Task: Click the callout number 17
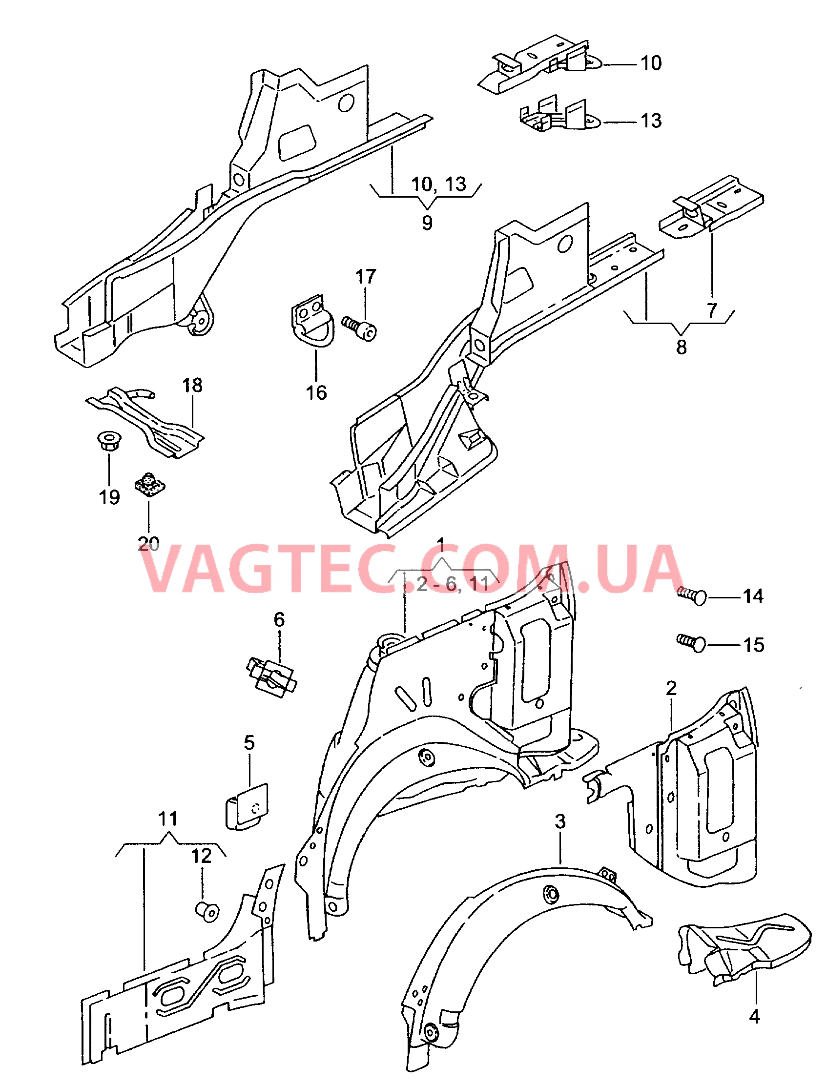[365, 277]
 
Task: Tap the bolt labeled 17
[361, 327]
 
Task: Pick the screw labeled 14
[693, 596]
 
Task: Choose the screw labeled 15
[692, 643]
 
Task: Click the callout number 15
[753, 645]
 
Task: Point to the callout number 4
[754, 1016]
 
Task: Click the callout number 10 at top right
[651, 63]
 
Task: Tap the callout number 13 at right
[651, 121]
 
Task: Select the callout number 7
[712, 310]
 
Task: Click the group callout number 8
[681, 347]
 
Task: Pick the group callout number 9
[427, 223]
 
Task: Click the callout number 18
[192, 385]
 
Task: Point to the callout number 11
[168, 819]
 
